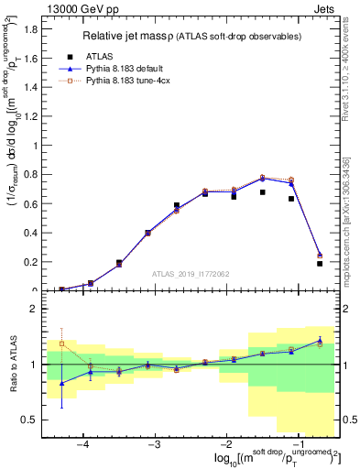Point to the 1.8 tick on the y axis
click(31, 28)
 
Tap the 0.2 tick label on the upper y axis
click(31, 262)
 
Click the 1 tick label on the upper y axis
click(35, 146)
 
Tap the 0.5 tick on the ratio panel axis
click(29, 420)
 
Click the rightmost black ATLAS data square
click(320, 264)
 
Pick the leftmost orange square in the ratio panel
click(62, 344)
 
